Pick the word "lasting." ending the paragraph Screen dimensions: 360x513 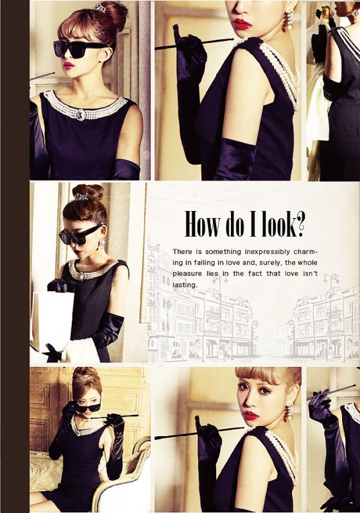[185, 285]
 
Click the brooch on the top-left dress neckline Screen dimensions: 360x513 [81, 115]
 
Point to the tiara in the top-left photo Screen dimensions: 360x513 [99, 6]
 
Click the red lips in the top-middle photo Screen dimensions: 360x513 [242, 24]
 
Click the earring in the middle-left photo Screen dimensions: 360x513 [103, 242]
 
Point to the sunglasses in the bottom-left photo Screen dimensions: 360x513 [90, 407]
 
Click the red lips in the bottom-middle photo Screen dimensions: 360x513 [252, 416]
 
